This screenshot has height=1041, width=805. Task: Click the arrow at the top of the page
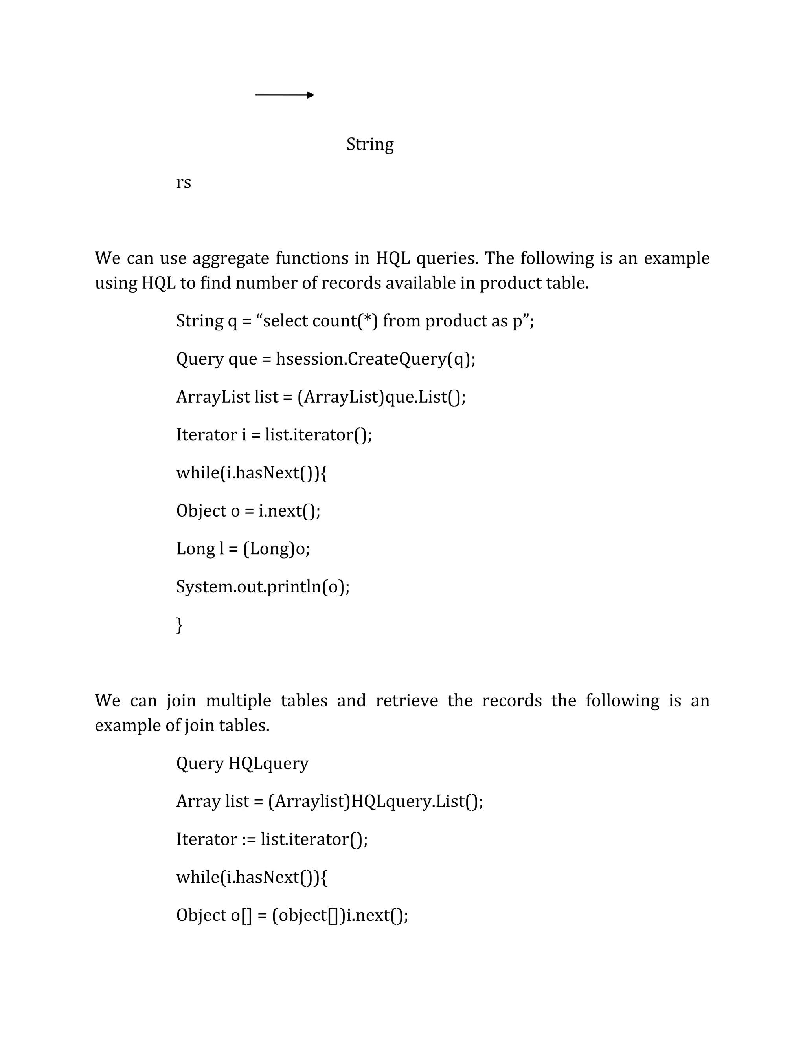(285, 95)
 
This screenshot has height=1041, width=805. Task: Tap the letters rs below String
(184, 183)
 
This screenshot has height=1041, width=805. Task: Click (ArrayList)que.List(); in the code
(382, 397)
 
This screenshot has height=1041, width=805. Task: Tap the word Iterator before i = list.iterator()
(206, 435)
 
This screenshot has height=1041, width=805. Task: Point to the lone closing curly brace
(179, 625)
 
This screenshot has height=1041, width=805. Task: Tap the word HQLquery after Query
(268, 764)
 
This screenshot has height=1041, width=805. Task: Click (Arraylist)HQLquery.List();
(376, 801)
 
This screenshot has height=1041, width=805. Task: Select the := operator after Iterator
(249, 839)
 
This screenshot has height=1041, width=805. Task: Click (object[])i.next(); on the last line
(340, 915)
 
